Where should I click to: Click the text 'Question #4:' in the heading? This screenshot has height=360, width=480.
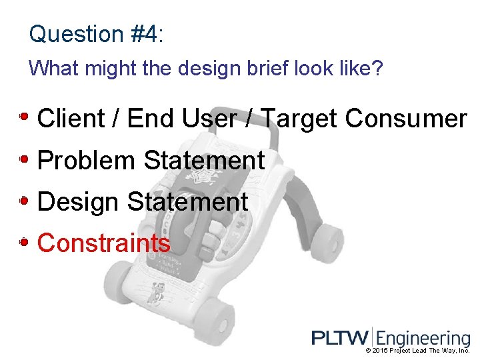tap(96, 33)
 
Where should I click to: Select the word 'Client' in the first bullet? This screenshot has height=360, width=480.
tap(71, 119)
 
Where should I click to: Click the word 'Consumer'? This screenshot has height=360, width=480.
tap(406, 119)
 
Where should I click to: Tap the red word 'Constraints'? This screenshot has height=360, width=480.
tap(104, 243)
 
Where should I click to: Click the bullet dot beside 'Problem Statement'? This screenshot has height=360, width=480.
tap(24, 159)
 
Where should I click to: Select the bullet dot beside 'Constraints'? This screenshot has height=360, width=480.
tap(24, 243)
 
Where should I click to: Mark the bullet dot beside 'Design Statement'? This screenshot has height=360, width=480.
tap(24, 201)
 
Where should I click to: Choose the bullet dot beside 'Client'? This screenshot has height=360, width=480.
tap(24, 117)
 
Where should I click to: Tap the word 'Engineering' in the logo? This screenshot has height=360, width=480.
tap(423, 339)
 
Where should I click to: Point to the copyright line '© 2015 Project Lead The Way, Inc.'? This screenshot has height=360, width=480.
tap(418, 351)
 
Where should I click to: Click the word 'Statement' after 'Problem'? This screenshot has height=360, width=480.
tap(204, 161)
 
